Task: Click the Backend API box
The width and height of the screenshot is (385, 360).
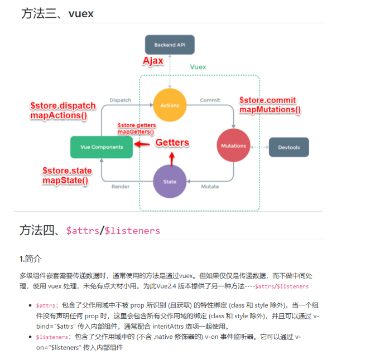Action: [x=170, y=44]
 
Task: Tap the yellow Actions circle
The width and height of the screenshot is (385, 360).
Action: [x=169, y=105]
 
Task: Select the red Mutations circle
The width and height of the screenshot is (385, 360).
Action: [x=233, y=146]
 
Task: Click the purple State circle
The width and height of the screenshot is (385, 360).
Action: [x=170, y=182]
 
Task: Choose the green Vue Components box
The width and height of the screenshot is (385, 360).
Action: [x=101, y=147]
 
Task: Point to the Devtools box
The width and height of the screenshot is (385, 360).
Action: [x=288, y=147]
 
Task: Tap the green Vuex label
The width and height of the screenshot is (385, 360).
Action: [x=198, y=67]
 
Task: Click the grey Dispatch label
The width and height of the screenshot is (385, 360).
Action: [x=120, y=100]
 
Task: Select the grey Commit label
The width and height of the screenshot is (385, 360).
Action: [x=210, y=100]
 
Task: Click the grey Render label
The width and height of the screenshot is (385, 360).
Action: [x=120, y=187]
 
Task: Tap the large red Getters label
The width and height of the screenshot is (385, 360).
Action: [x=172, y=143]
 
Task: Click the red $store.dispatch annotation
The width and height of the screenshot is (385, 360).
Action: [x=62, y=105]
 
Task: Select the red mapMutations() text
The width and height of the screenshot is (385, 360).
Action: [x=270, y=110]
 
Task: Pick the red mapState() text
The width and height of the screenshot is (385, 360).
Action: [x=65, y=181]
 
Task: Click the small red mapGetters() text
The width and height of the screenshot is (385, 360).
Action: [x=136, y=132]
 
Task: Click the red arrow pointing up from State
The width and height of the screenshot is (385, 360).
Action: [x=171, y=158]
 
